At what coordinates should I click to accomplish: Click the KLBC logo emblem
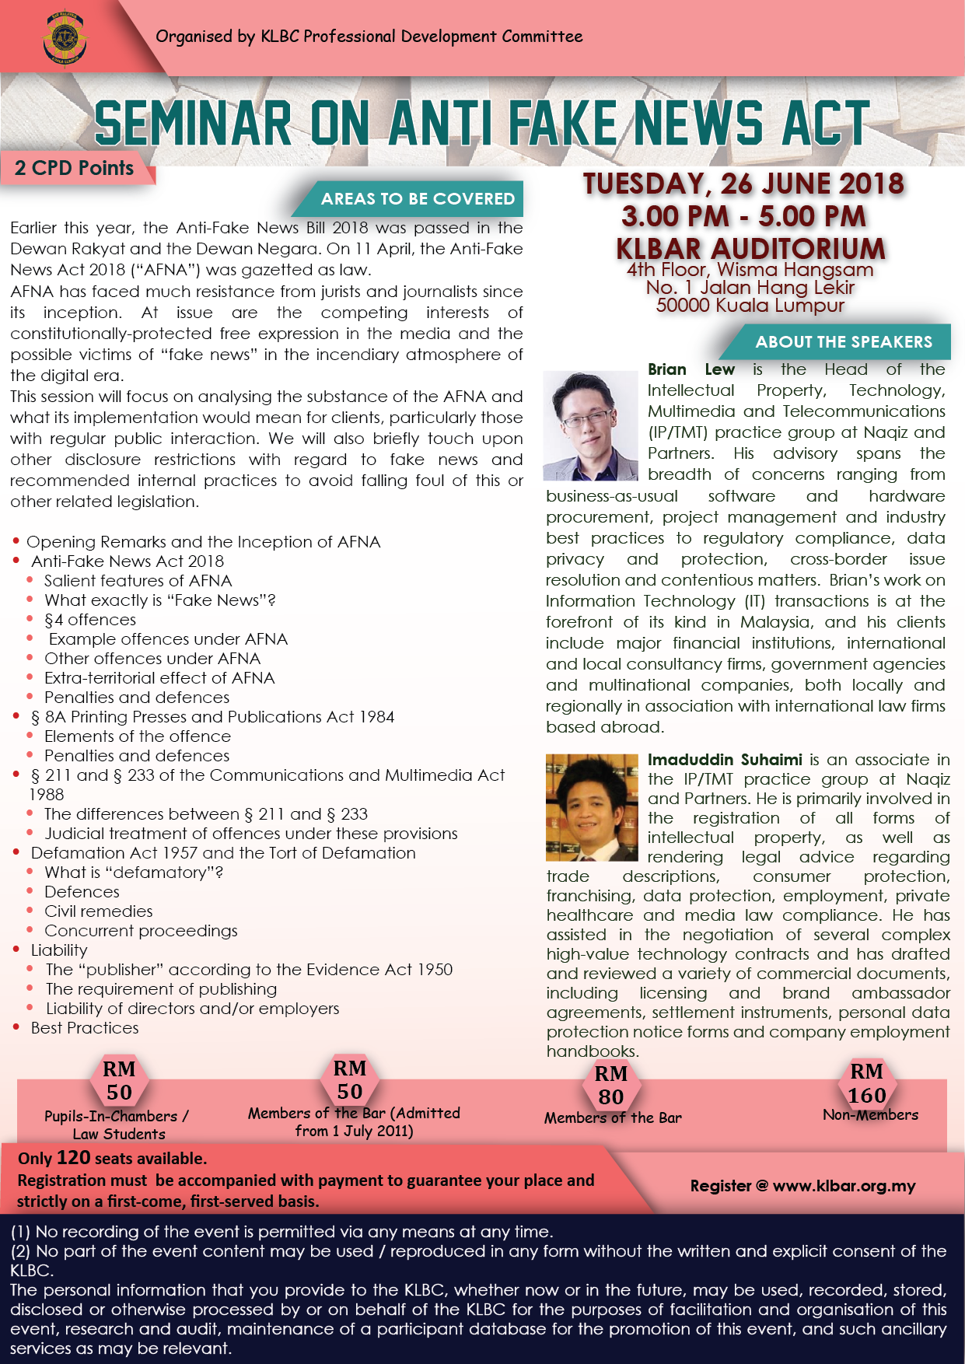65,39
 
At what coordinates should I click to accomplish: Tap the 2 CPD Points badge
75,168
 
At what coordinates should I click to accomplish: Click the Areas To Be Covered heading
418,199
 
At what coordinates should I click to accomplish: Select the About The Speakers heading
843,342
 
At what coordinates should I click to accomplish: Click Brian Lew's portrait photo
591,425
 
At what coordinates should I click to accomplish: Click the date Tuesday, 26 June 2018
743,184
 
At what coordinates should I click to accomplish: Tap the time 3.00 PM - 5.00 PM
743,216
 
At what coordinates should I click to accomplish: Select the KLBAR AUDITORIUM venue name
750,249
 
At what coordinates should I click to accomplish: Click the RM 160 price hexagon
867,1083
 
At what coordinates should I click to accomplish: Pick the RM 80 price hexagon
611,1085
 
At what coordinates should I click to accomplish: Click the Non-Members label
870,1115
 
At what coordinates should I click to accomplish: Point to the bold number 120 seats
74,1157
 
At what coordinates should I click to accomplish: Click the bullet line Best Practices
85,1028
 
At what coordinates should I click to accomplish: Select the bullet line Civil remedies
98,911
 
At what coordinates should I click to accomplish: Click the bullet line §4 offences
90,620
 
